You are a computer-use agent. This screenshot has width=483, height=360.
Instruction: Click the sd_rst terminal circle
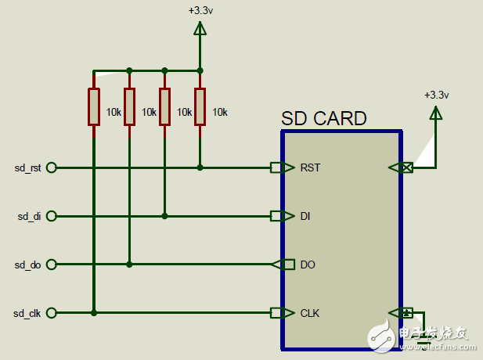[52, 167]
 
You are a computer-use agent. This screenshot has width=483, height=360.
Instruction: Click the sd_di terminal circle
[52, 216]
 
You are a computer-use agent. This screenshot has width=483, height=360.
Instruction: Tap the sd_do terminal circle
[52, 265]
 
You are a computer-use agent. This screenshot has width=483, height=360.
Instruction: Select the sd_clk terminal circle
[52, 313]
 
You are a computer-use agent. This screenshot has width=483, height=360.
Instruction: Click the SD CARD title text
[323, 119]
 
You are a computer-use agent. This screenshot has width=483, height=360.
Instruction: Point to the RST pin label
[310, 167]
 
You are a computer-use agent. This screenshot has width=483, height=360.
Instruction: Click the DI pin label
[307, 216]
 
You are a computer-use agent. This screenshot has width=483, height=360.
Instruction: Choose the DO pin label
[308, 265]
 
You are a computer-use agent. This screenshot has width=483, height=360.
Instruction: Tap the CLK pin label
[310, 313]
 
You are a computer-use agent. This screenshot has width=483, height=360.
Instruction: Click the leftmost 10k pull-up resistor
[94, 107]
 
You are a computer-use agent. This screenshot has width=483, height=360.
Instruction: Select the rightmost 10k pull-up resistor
[200, 107]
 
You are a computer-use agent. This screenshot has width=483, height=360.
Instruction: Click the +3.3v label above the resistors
[200, 11]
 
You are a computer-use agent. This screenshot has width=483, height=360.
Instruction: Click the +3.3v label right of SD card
[436, 95]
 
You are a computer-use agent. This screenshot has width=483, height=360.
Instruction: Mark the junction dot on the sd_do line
[129, 265]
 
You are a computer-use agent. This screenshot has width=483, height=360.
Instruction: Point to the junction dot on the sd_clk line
[94, 313]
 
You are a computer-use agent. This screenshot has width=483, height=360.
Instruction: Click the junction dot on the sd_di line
[164, 216]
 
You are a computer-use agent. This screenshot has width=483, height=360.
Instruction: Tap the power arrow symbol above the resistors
[200, 29]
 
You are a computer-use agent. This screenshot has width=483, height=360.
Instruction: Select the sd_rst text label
[27, 167]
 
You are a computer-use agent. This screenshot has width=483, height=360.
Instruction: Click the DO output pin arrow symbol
[277, 265]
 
